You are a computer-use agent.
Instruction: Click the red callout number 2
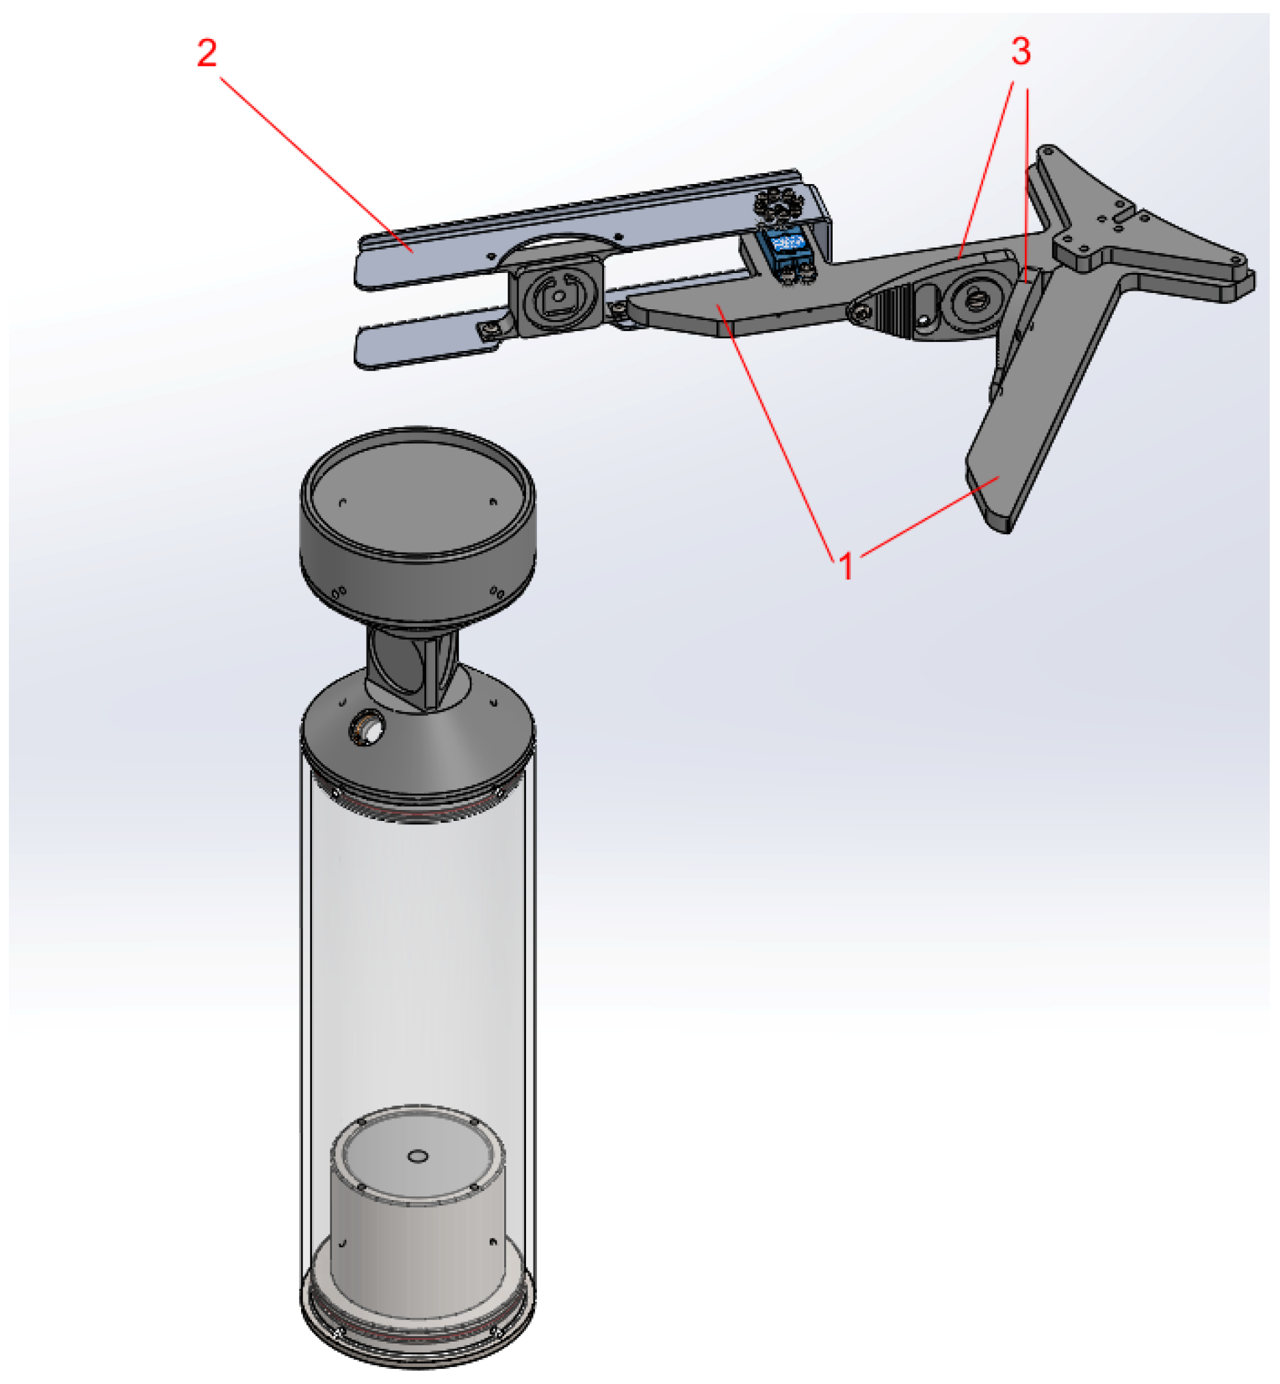207,53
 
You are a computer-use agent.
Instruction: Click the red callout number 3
1021,51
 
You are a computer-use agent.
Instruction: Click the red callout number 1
846,566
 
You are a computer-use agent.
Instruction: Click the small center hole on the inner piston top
418,1155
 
